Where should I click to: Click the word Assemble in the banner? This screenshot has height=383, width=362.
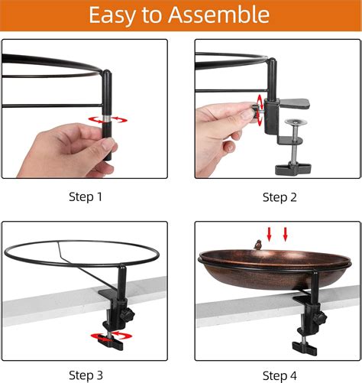tap(218, 15)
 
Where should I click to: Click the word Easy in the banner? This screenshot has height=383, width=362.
tap(112, 16)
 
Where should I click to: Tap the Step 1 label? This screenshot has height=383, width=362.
tap(86, 196)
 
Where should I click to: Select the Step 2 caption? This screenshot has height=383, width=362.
tap(280, 197)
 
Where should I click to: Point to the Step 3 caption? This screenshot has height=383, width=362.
tap(86, 375)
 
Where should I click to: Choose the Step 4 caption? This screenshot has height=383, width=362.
tap(280, 375)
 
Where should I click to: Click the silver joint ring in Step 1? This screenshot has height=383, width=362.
tap(107, 118)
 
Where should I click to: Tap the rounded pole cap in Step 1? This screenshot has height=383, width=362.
tap(107, 73)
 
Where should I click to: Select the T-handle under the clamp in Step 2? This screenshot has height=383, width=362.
tap(293, 169)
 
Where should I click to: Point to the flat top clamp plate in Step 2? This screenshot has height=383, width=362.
tap(296, 103)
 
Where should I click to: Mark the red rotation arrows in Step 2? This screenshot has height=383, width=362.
tap(260, 110)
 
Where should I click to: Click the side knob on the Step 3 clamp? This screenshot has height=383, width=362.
tap(128, 315)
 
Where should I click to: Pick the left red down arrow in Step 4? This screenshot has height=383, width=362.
tap(269, 234)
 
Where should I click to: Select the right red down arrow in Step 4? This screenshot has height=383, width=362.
tap(286, 234)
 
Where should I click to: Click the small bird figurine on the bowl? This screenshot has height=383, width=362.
tap(258, 245)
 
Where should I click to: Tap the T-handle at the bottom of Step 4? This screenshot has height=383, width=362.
tap(305, 349)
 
